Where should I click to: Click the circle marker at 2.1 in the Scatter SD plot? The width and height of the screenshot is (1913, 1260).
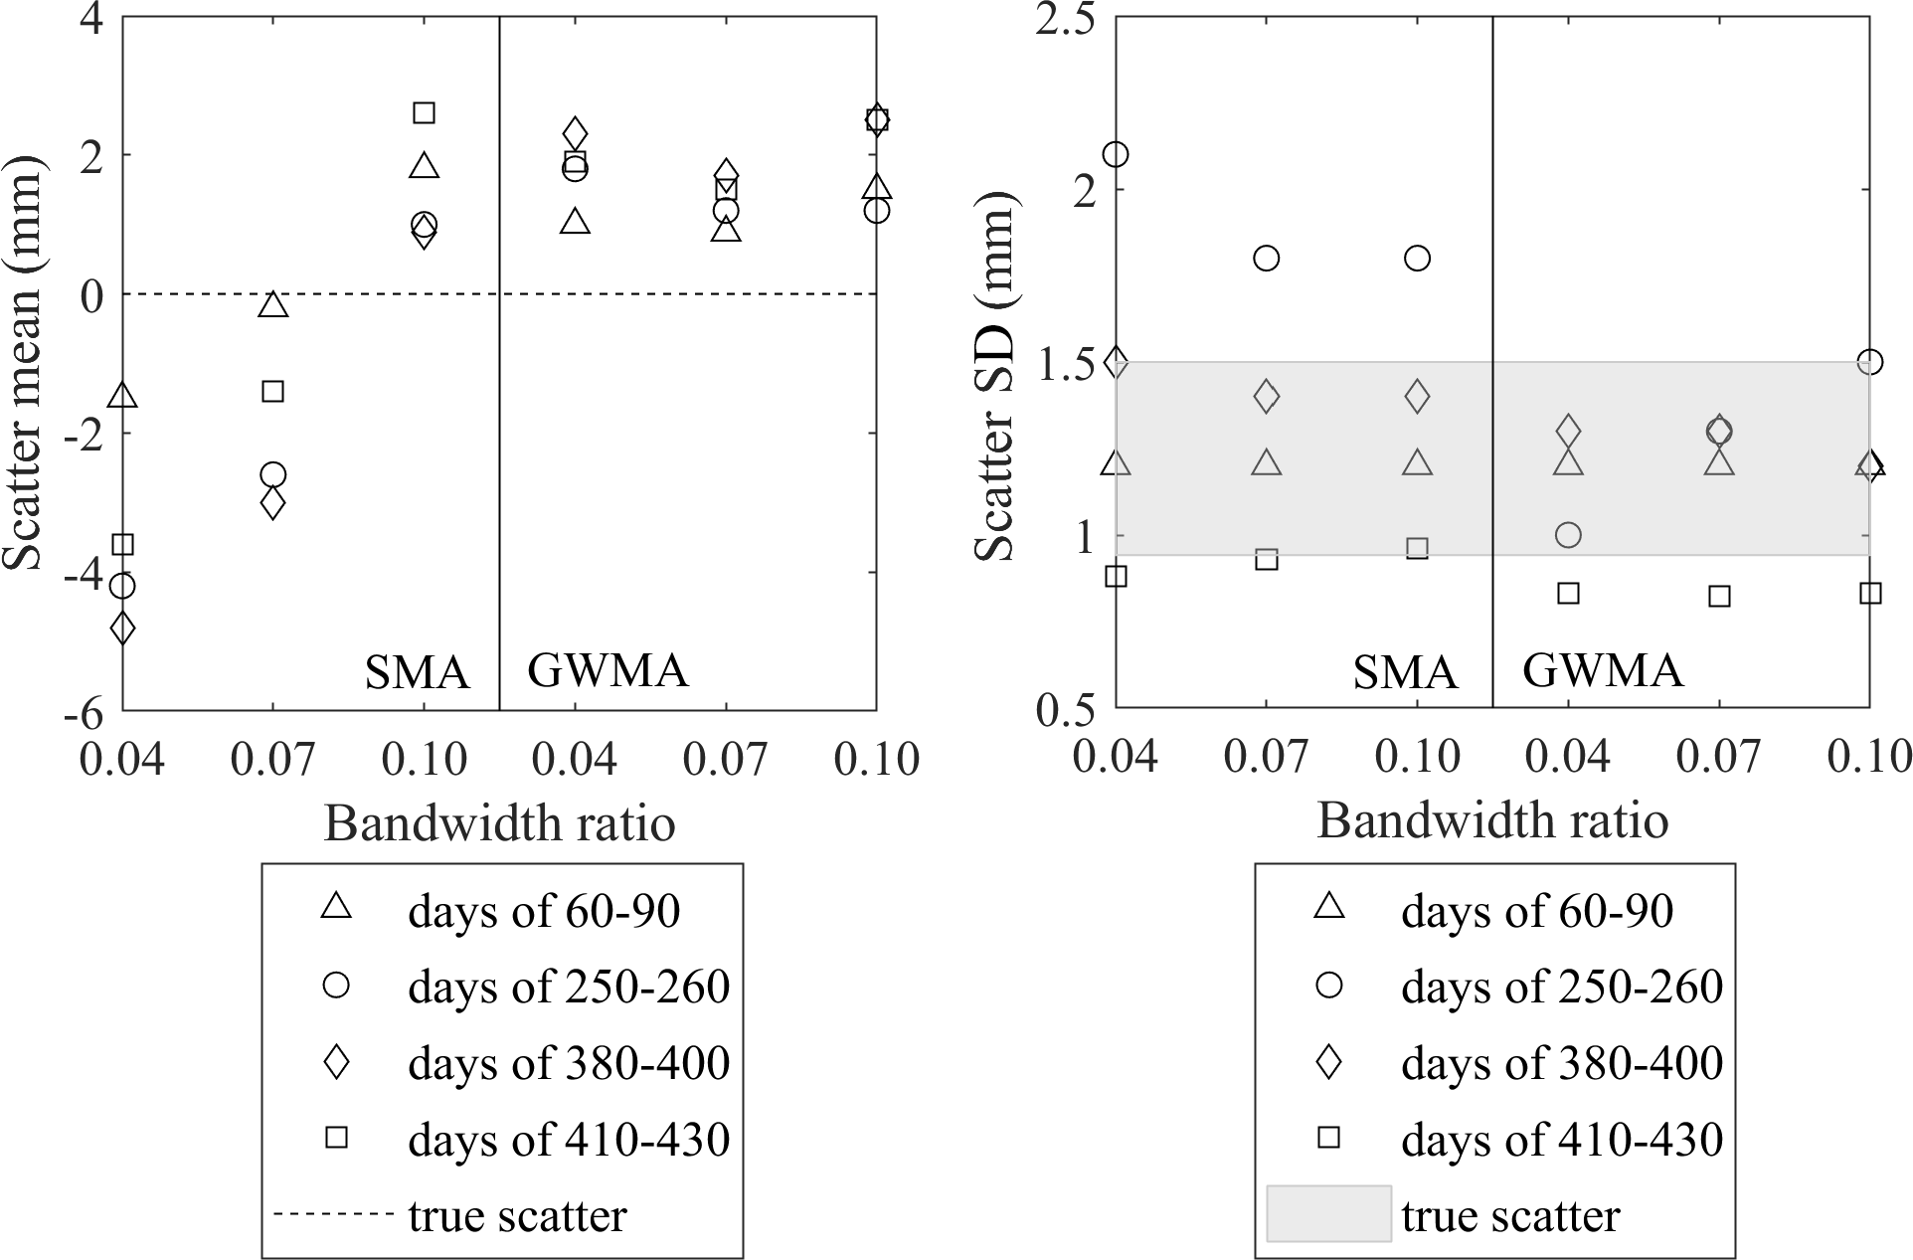tap(1116, 154)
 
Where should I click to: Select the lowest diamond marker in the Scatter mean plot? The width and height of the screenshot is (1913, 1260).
tap(122, 629)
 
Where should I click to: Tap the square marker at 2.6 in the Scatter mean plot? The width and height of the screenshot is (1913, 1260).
tap(424, 112)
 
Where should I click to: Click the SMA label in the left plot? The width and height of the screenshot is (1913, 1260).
tap(417, 673)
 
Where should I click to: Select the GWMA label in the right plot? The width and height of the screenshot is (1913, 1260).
tap(1603, 672)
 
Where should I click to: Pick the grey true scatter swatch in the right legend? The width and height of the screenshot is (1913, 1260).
tap(1328, 1213)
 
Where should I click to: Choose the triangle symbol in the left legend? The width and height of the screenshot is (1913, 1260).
tap(337, 907)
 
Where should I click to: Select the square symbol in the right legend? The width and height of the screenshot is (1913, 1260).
tap(1329, 1137)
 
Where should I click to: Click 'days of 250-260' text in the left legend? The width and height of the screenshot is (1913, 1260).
tap(569, 986)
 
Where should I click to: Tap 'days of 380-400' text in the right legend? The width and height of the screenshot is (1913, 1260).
tap(1562, 1062)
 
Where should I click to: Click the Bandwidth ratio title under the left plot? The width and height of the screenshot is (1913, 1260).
tap(499, 823)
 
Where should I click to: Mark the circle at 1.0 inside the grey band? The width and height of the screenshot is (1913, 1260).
tap(1568, 535)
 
